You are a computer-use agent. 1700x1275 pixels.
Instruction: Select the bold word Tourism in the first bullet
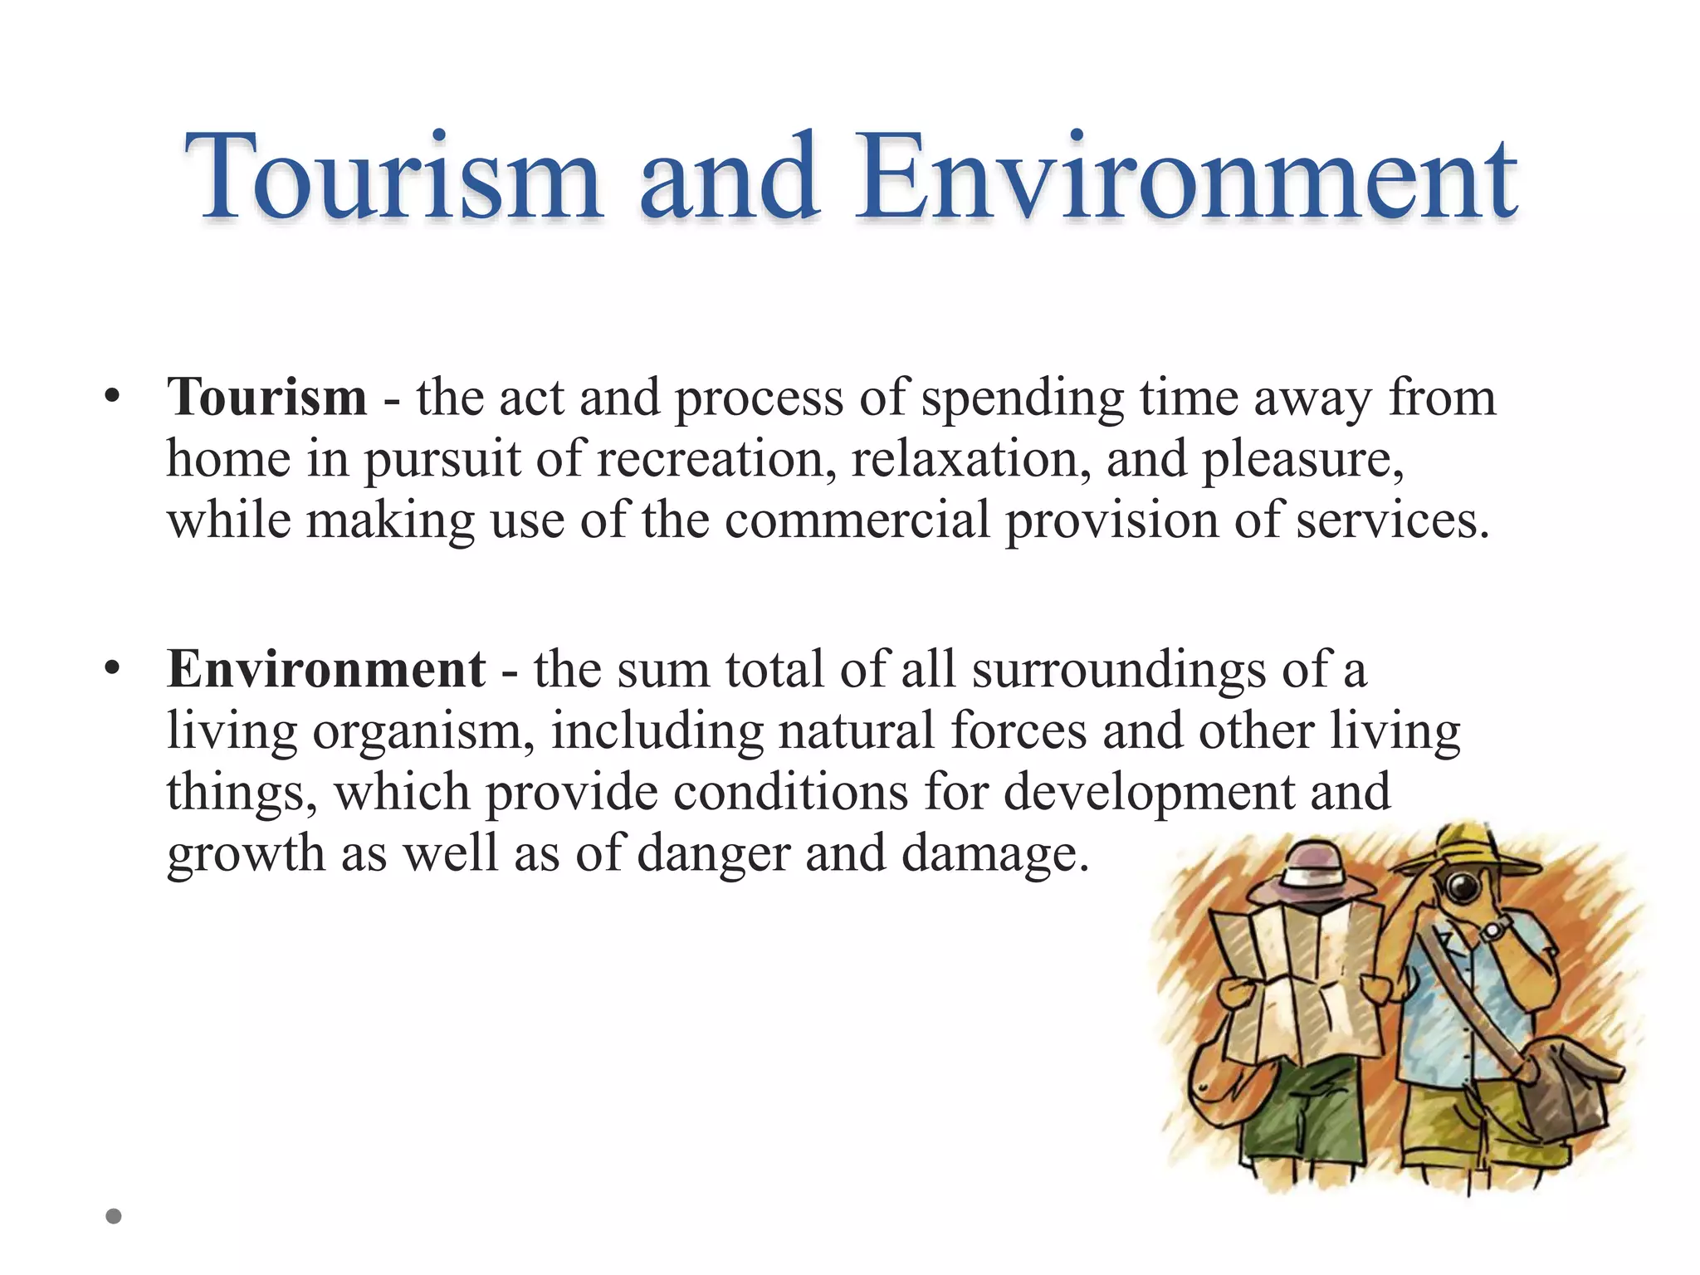(x=266, y=397)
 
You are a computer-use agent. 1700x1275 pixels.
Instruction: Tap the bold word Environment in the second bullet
(x=326, y=668)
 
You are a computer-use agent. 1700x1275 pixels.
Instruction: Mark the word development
(x=1149, y=791)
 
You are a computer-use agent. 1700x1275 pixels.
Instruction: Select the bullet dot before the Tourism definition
(x=113, y=397)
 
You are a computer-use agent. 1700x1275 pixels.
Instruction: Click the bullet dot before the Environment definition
(x=113, y=668)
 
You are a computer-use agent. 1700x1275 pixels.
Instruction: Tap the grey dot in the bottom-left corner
(x=114, y=1216)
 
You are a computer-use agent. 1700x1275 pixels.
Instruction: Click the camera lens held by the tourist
(x=1463, y=889)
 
